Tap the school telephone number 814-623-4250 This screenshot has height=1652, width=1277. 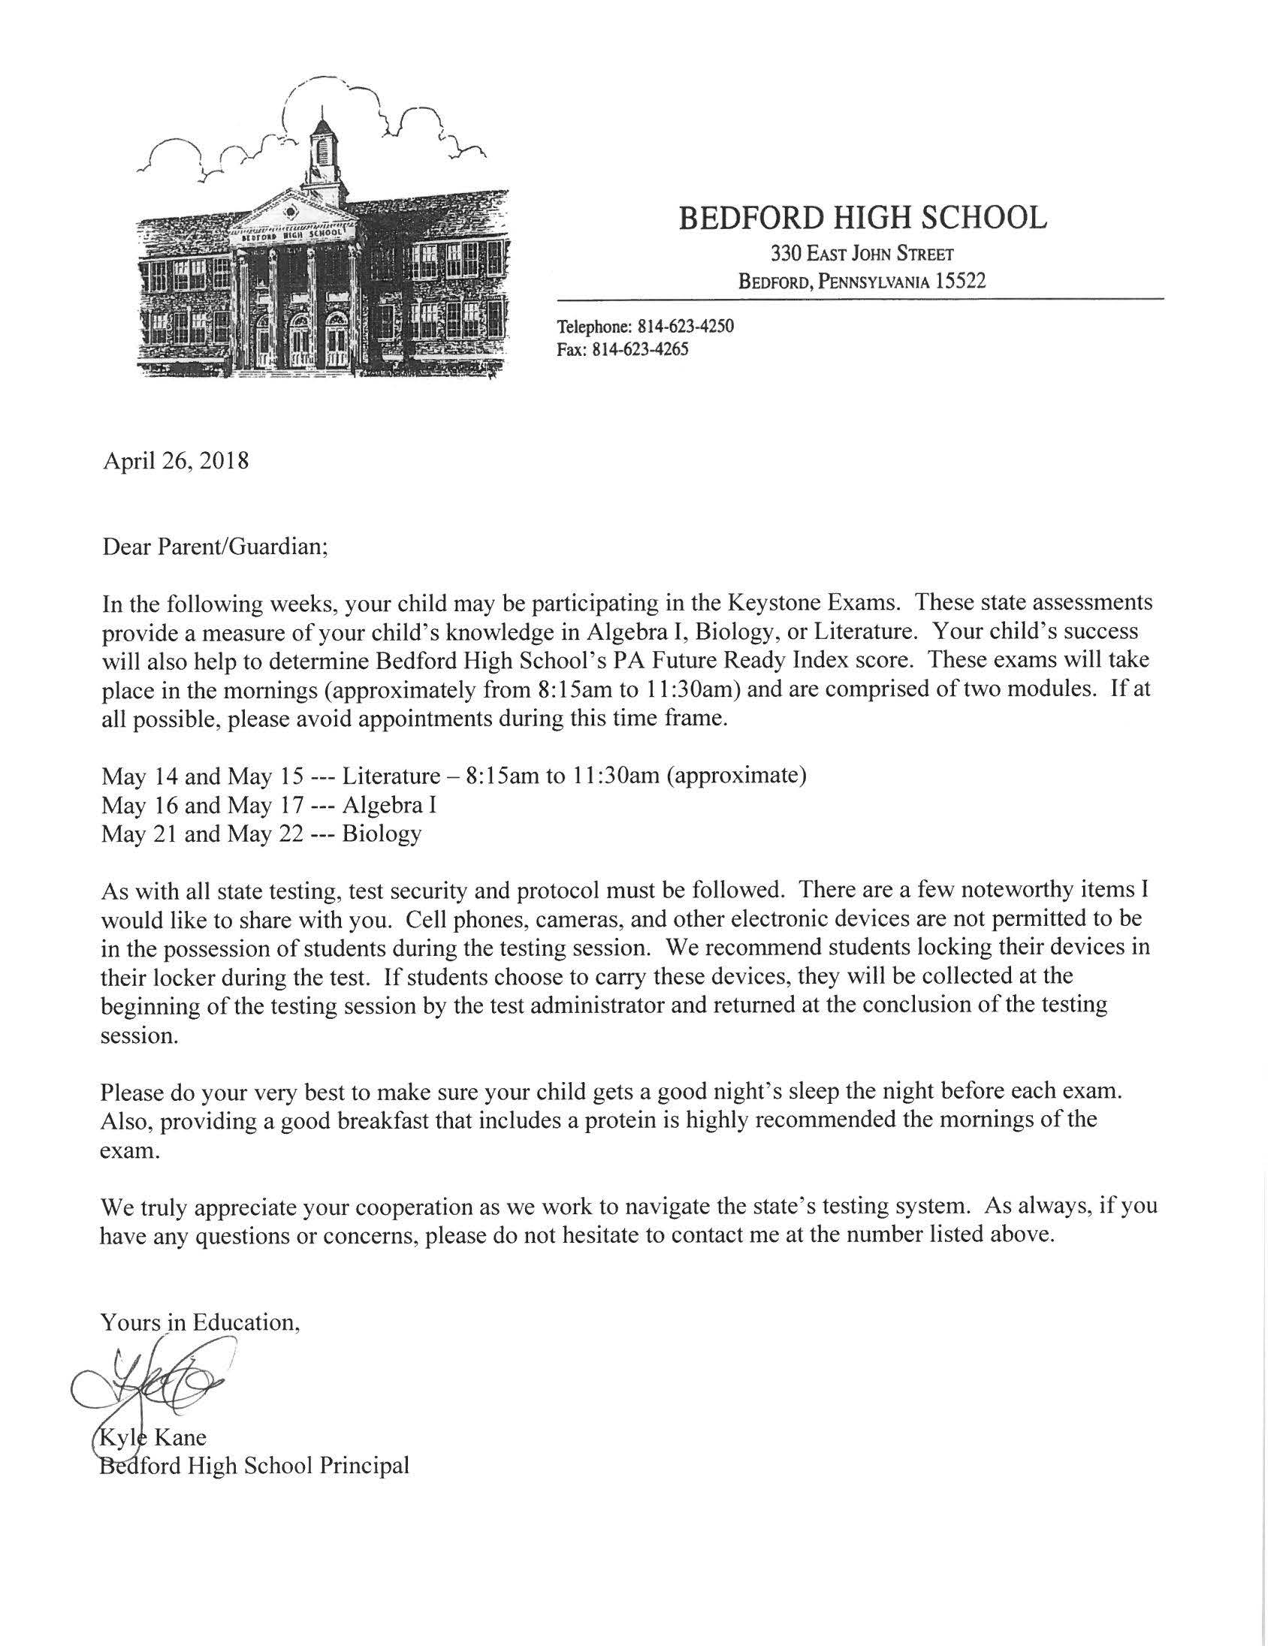click(685, 327)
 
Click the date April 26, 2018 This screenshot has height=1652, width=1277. click(176, 460)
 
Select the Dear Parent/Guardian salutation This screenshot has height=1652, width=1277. click(215, 547)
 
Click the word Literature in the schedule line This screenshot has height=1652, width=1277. click(391, 776)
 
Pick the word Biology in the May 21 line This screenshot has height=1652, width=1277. click(382, 834)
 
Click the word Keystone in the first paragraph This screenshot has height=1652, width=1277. click(770, 603)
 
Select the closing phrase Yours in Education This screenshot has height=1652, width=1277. click(201, 1322)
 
